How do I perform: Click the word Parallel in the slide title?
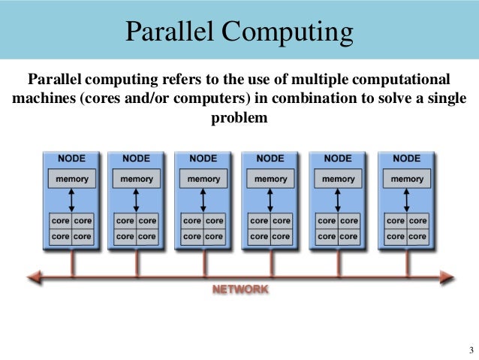coord(166,32)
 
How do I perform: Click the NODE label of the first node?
coord(71,159)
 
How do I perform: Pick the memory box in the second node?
coord(137,179)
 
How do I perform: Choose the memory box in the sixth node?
coord(407,179)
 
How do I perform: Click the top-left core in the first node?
coord(60,221)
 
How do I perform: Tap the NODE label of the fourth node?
coord(270,159)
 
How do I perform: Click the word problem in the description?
coord(240,118)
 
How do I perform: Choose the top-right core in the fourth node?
coord(282,221)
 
